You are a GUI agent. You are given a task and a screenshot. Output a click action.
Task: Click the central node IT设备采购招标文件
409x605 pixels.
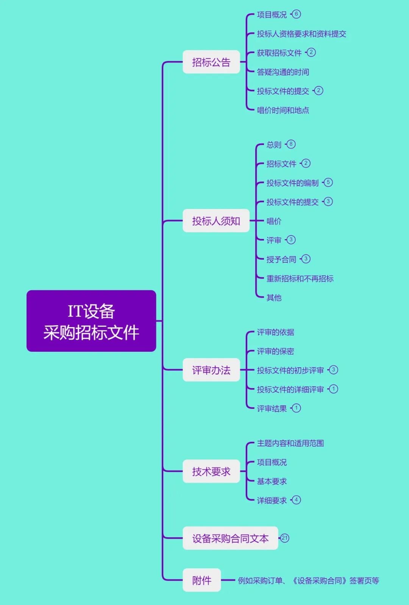point(91,321)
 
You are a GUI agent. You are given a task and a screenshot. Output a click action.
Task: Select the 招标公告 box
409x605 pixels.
point(211,62)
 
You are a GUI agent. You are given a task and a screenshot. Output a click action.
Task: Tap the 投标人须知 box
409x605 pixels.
point(216,221)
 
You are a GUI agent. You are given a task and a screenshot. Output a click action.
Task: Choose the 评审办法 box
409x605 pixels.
point(211,370)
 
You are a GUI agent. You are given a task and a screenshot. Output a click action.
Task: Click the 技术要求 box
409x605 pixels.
point(211,471)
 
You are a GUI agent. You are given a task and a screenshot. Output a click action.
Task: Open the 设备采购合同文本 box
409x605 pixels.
point(230,538)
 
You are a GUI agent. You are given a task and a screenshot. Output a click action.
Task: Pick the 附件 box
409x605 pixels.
point(201,580)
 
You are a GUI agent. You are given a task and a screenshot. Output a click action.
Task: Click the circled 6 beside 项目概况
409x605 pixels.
point(296,14)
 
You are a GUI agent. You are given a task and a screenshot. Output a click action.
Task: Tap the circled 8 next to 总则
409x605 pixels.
point(291,144)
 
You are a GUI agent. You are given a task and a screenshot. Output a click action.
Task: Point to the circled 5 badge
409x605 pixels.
point(328,182)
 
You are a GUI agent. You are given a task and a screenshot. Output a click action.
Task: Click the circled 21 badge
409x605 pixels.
point(285,538)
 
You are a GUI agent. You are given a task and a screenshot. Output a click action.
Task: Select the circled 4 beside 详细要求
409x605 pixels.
point(296,500)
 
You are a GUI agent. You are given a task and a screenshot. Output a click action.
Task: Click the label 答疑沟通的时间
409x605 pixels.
point(283,72)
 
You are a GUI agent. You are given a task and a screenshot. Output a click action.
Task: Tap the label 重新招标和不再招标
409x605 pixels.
point(300,279)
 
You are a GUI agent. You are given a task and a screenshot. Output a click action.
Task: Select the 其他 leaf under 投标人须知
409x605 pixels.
point(274,298)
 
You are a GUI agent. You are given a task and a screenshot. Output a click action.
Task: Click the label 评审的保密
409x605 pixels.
point(275,351)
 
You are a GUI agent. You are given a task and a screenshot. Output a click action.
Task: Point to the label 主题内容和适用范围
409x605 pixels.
point(290,443)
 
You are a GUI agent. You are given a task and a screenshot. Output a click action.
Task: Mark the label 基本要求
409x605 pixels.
point(272,481)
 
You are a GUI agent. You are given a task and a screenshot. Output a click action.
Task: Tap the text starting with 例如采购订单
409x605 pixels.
point(308,580)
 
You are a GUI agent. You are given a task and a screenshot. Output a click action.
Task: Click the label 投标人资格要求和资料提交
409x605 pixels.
point(301,34)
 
